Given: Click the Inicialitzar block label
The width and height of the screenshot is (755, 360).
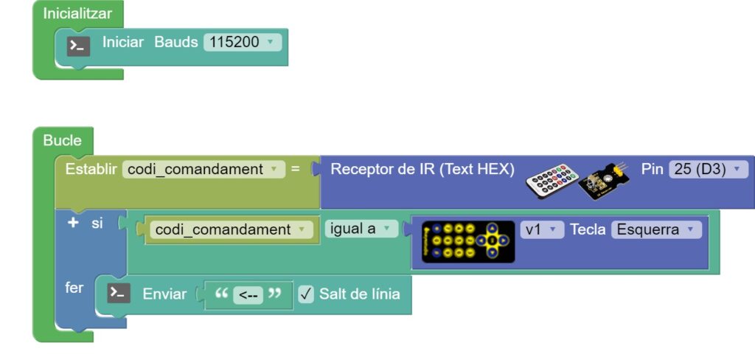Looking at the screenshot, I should click(x=77, y=13).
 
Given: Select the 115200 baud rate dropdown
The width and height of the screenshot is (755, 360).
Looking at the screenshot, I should click(x=243, y=42).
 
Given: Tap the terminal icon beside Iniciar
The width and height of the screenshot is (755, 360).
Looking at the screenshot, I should click(x=79, y=46).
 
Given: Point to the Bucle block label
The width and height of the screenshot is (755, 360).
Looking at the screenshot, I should click(x=63, y=140).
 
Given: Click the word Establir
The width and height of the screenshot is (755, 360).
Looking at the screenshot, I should click(x=91, y=169).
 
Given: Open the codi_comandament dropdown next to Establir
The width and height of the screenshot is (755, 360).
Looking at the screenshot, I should click(x=203, y=169).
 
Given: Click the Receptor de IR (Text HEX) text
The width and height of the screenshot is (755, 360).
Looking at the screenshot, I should click(x=422, y=169).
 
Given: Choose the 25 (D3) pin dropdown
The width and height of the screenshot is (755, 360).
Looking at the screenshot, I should click(x=708, y=169).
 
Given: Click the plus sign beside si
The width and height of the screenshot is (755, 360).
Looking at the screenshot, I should click(x=72, y=222).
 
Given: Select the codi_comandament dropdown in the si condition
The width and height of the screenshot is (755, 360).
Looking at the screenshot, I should click(x=232, y=229).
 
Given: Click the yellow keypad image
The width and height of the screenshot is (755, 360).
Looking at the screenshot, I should click(x=468, y=241).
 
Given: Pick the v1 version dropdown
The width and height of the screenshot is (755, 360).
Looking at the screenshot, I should click(x=542, y=229).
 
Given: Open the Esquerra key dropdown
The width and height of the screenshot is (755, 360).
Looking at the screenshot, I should click(x=655, y=229).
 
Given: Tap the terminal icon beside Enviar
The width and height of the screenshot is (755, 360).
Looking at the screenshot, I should click(x=119, y=294).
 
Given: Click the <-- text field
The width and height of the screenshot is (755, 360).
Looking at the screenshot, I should click(x=248, y=294).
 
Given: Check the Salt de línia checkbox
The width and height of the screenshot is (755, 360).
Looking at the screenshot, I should click(x=306, y=294).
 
